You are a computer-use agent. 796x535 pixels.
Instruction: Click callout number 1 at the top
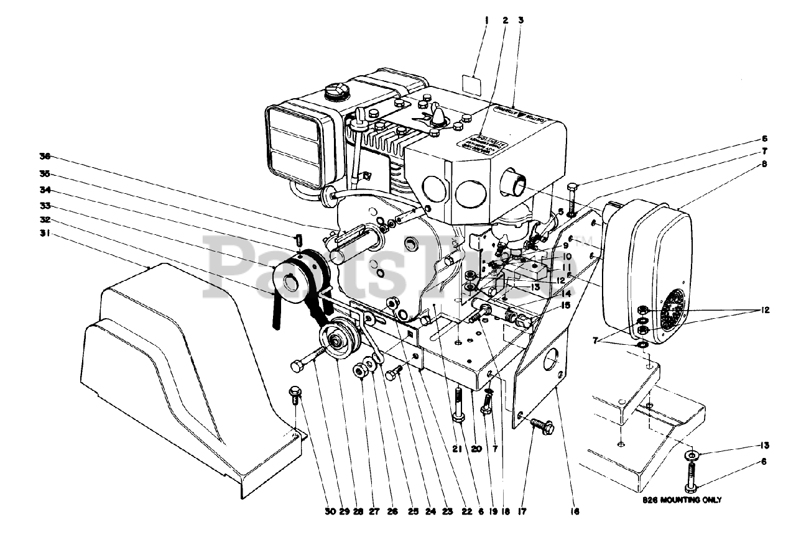pos(487,20)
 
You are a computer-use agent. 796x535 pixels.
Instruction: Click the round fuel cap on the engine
pos(334,93)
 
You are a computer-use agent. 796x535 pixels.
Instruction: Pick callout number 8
pos(763,165)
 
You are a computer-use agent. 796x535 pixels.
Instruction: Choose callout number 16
pos(575,512)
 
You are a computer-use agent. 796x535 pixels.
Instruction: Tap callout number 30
pos(330,512)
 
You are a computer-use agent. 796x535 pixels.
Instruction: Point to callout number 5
pos(561,211)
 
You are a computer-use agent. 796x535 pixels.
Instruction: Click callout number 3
pos(521,20)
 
